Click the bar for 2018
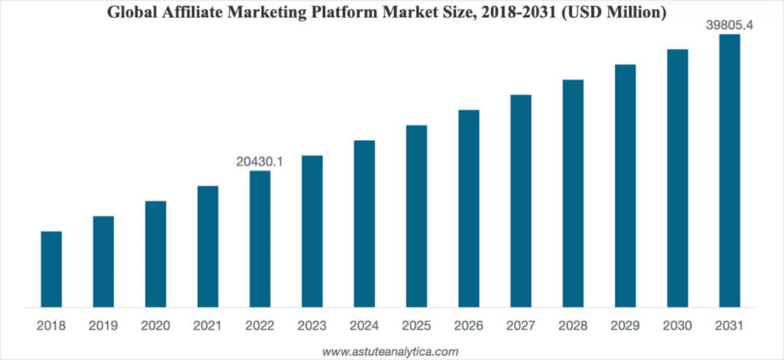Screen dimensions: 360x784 coord(51,268)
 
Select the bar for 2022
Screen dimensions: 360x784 coord(260,238)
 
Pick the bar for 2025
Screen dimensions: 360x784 coord(416,215)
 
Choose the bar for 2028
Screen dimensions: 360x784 coord(573,192)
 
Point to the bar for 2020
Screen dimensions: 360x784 coord(155,254)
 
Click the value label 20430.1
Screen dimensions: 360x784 coord(260,162)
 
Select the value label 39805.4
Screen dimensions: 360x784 coord(729,25)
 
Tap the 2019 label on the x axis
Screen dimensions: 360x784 coord(103,326)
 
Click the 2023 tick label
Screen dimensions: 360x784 coord(312,326)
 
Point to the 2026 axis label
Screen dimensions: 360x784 coord(469,326)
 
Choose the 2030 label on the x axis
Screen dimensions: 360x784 coord(678,326)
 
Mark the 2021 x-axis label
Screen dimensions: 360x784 coord(207,326)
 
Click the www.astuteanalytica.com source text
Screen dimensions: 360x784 coord(390,352)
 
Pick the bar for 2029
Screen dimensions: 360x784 coord(626,185)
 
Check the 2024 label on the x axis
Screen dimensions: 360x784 coord(364,326)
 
